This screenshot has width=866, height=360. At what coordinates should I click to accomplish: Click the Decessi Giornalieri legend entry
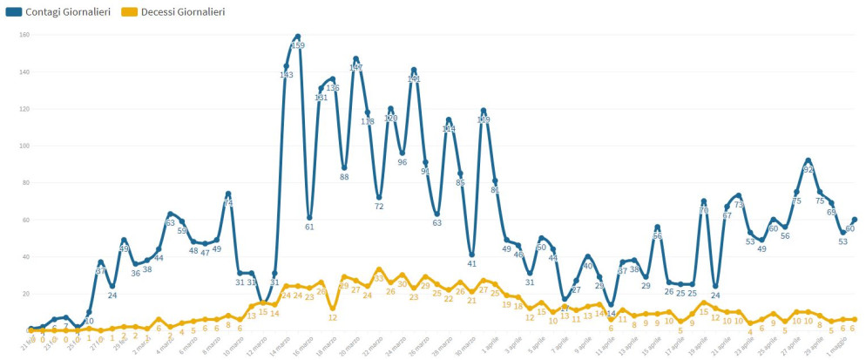click(181, 12)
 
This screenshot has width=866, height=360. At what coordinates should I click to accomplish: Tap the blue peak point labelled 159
click(298, 37)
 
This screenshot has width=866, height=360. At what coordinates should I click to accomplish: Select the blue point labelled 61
click(309, 217)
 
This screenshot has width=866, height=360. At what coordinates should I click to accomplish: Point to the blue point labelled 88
click(344, 167)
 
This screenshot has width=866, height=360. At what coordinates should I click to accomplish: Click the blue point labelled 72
click(379, 197)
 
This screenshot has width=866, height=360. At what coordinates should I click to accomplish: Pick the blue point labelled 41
click(471, 255)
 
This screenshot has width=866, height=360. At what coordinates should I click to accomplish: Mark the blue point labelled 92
click(808, 160)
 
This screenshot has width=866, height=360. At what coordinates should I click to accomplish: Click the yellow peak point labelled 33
click(379, 269)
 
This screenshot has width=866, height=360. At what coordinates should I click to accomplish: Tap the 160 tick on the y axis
click(24, 35)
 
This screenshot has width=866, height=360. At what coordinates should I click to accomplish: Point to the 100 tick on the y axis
click(24, 146)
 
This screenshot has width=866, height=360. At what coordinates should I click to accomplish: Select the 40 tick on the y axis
click(24, 256)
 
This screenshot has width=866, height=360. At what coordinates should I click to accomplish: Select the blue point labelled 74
click(228, 194)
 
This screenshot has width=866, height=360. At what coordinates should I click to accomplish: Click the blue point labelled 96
click(403, 153)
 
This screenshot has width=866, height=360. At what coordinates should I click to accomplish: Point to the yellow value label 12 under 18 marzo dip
click(333, 318)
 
